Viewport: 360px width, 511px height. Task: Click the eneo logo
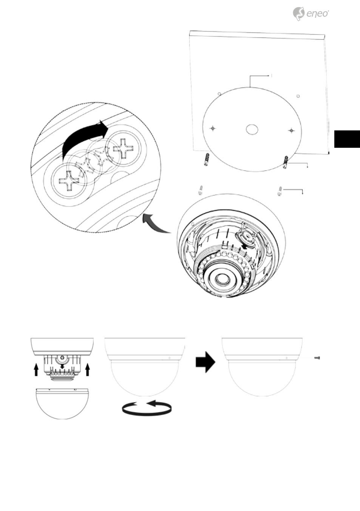[311, 14]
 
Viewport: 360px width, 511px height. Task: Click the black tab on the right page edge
[347, 139]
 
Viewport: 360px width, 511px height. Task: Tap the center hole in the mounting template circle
[252, 129]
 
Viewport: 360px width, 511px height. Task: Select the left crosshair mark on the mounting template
[213, 129]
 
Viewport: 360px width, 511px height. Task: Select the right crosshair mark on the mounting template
[291, 131]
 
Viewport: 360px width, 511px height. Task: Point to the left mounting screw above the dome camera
[201, 190]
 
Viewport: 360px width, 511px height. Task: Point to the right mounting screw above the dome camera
[280, 191]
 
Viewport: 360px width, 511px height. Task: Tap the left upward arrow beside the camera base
[36, 369]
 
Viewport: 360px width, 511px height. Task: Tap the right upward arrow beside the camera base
[88, 369]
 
